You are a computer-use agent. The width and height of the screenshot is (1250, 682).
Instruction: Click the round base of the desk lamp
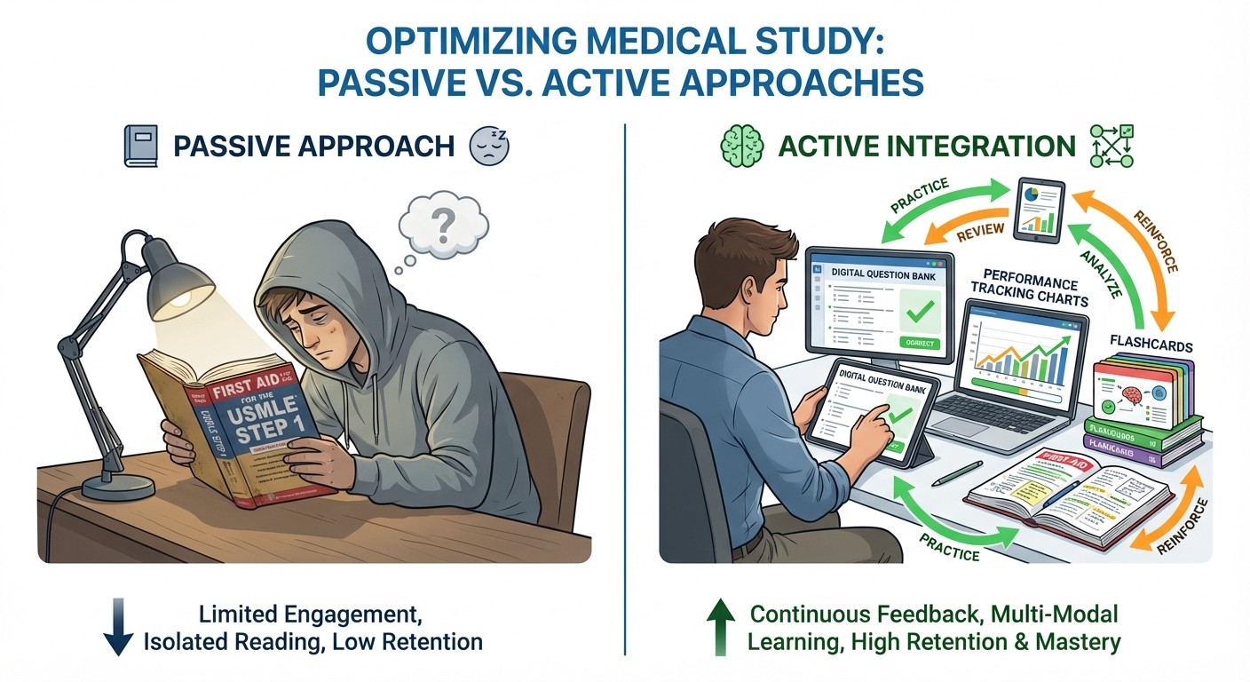click(119, 486)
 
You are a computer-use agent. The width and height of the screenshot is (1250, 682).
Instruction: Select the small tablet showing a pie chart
click(1037, 210)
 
